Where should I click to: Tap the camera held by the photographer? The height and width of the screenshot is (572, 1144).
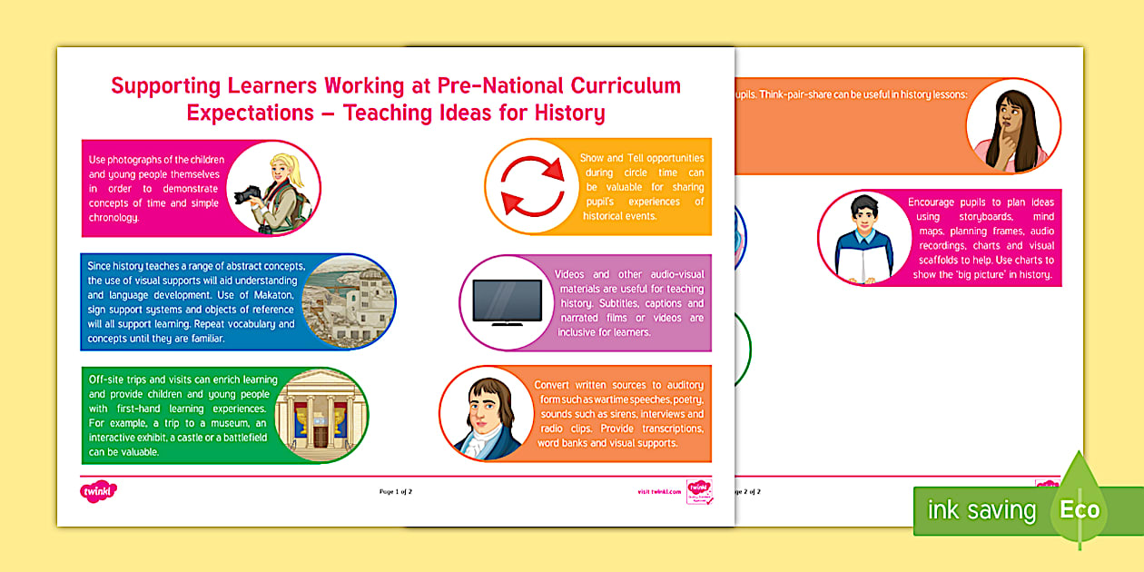pos(248,195)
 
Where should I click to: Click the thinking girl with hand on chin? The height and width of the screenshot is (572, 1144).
pos(1010,127)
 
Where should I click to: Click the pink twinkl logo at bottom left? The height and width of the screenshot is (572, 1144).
pos(99,491)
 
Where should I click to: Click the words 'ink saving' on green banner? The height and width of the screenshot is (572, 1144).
pos(981,510)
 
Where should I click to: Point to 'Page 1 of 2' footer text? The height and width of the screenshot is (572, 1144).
pos(396,492)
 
